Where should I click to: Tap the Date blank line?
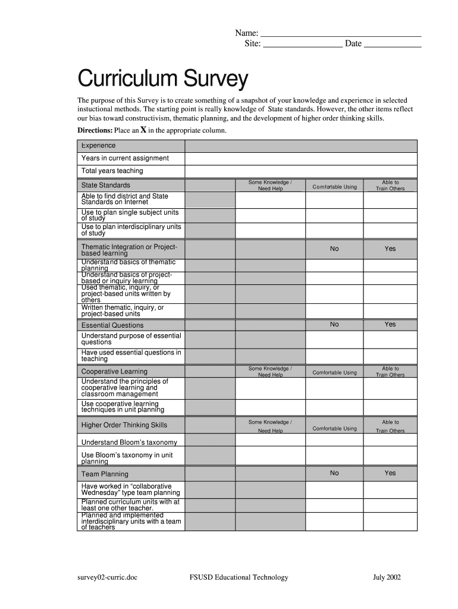[x=392, y=44]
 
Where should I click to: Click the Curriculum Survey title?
[x=162, y=79]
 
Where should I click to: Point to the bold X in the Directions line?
[x=143, y=130]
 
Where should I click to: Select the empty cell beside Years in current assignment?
[x=301, y=158]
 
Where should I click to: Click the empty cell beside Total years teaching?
[x=301, y=171]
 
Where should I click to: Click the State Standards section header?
[x=106, y=185]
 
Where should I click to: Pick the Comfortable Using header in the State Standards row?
[x=334, y=187]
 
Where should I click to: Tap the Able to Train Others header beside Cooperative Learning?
[x=390, y=372]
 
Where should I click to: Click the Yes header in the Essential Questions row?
[x=390, y=324]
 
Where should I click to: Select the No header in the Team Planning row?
[x=334, y=473]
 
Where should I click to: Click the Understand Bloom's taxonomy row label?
[x=129, y=442]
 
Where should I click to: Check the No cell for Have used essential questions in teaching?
[x=334, y=356]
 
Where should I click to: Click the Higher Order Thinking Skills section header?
[x=124, y=425]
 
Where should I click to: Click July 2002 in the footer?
[x=387, y=577]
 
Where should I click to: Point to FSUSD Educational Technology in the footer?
[x=239, y=577]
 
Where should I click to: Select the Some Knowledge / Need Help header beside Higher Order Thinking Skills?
[x=270, y=426]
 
